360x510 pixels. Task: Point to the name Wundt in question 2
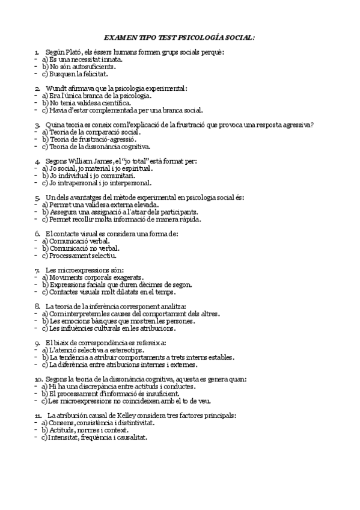57,88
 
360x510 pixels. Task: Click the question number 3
37,124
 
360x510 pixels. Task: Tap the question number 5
37,197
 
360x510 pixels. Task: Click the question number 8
37,306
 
